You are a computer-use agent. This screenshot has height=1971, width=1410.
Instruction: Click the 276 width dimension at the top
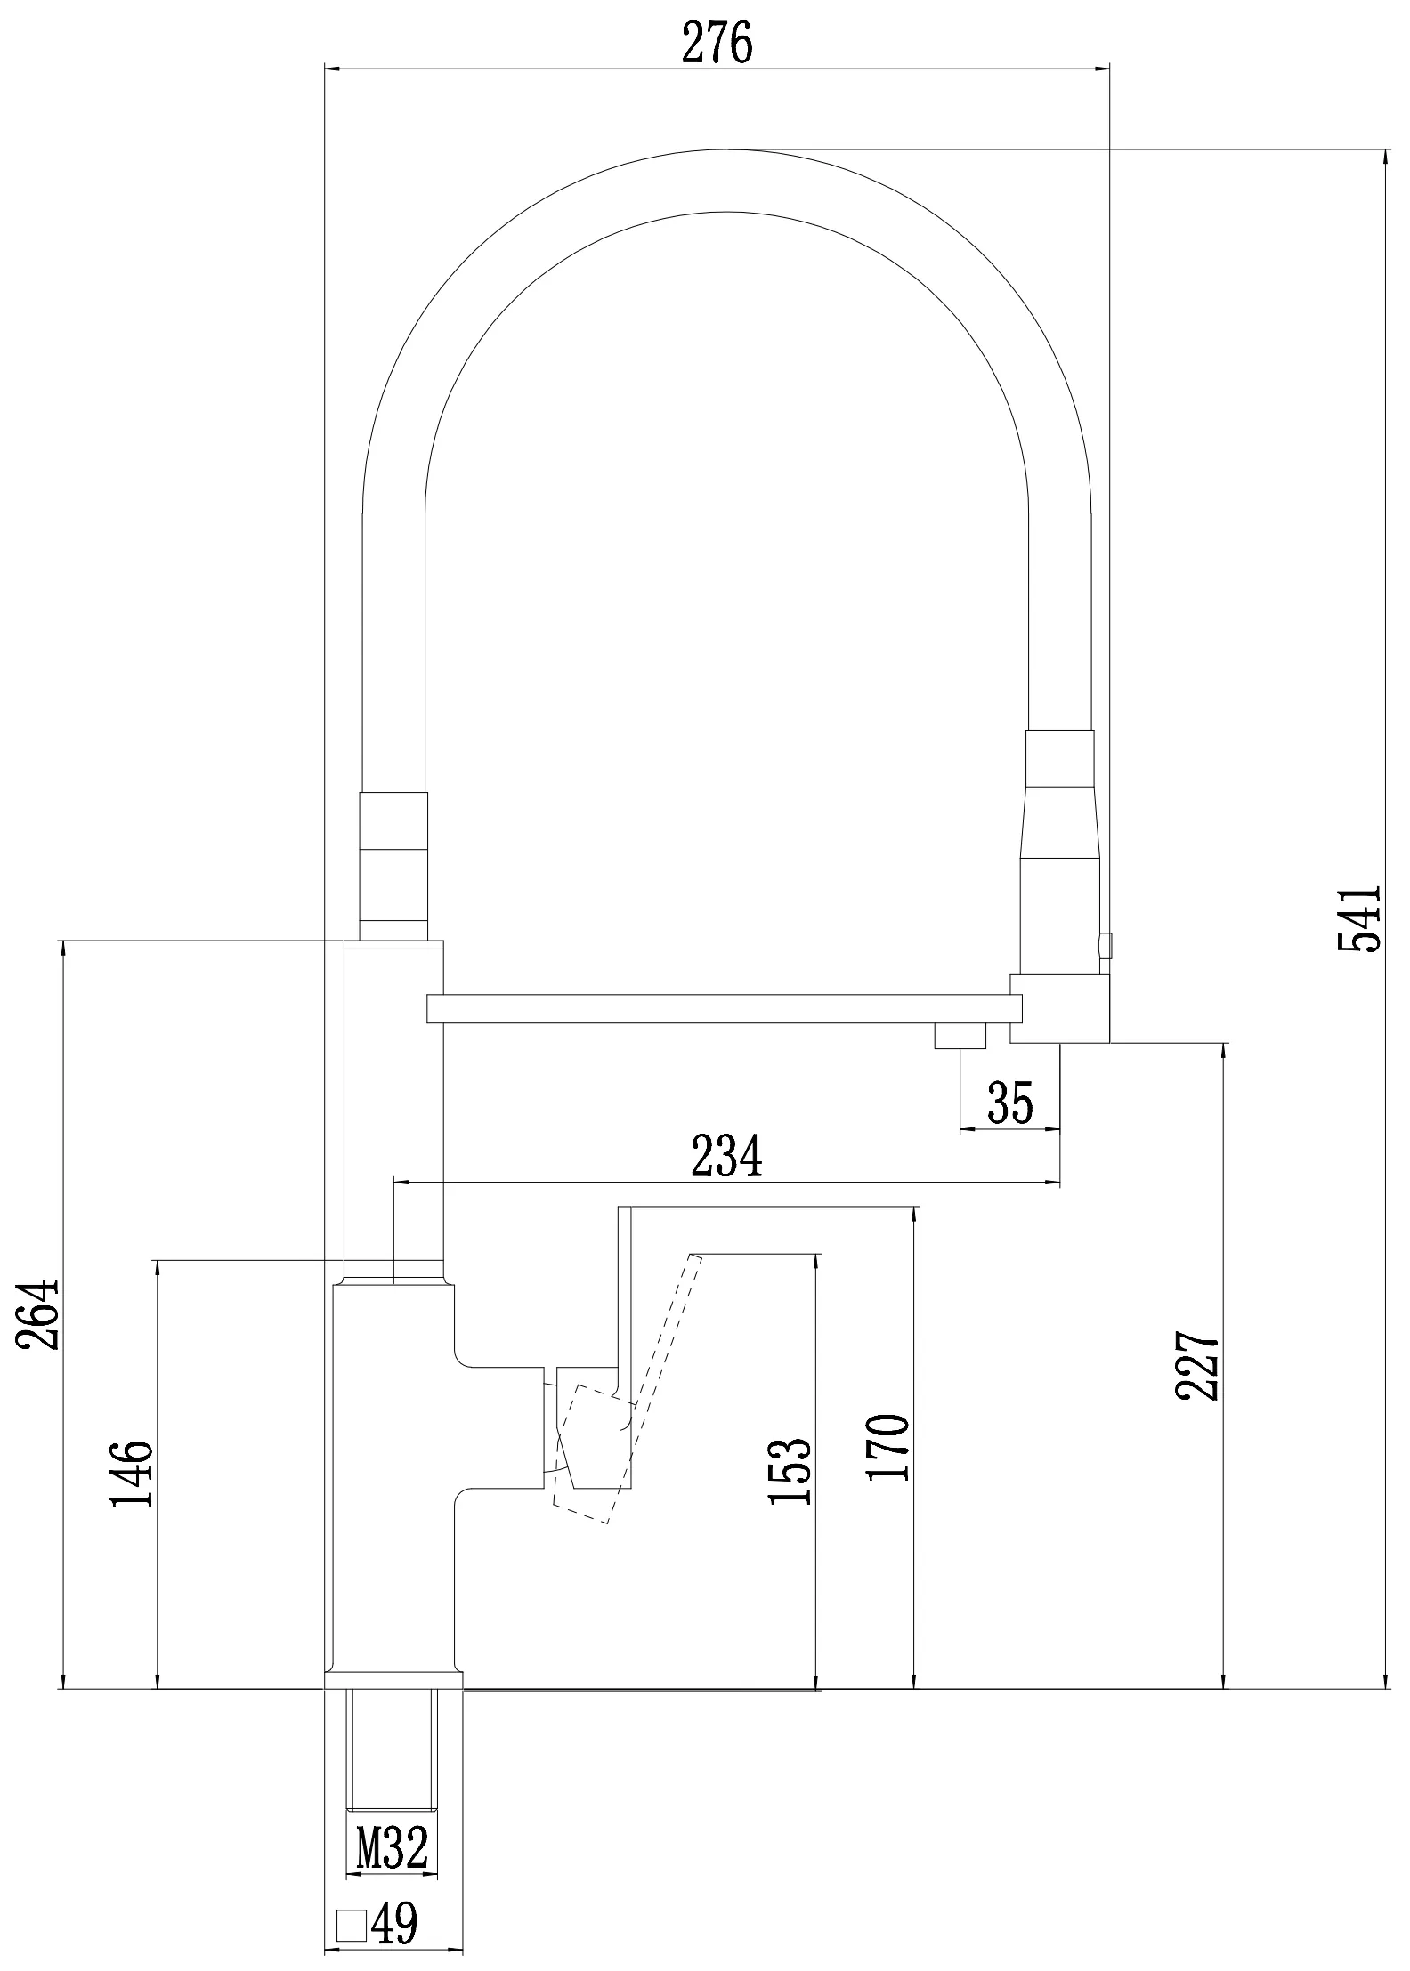(x=717, y=42)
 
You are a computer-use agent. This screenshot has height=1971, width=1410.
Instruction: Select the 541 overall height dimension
(x=1359, y=918)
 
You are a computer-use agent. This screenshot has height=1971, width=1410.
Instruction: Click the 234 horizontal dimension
(x=727, y=1155)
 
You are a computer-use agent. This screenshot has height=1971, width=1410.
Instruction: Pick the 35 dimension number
(x=1010, y=1103)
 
